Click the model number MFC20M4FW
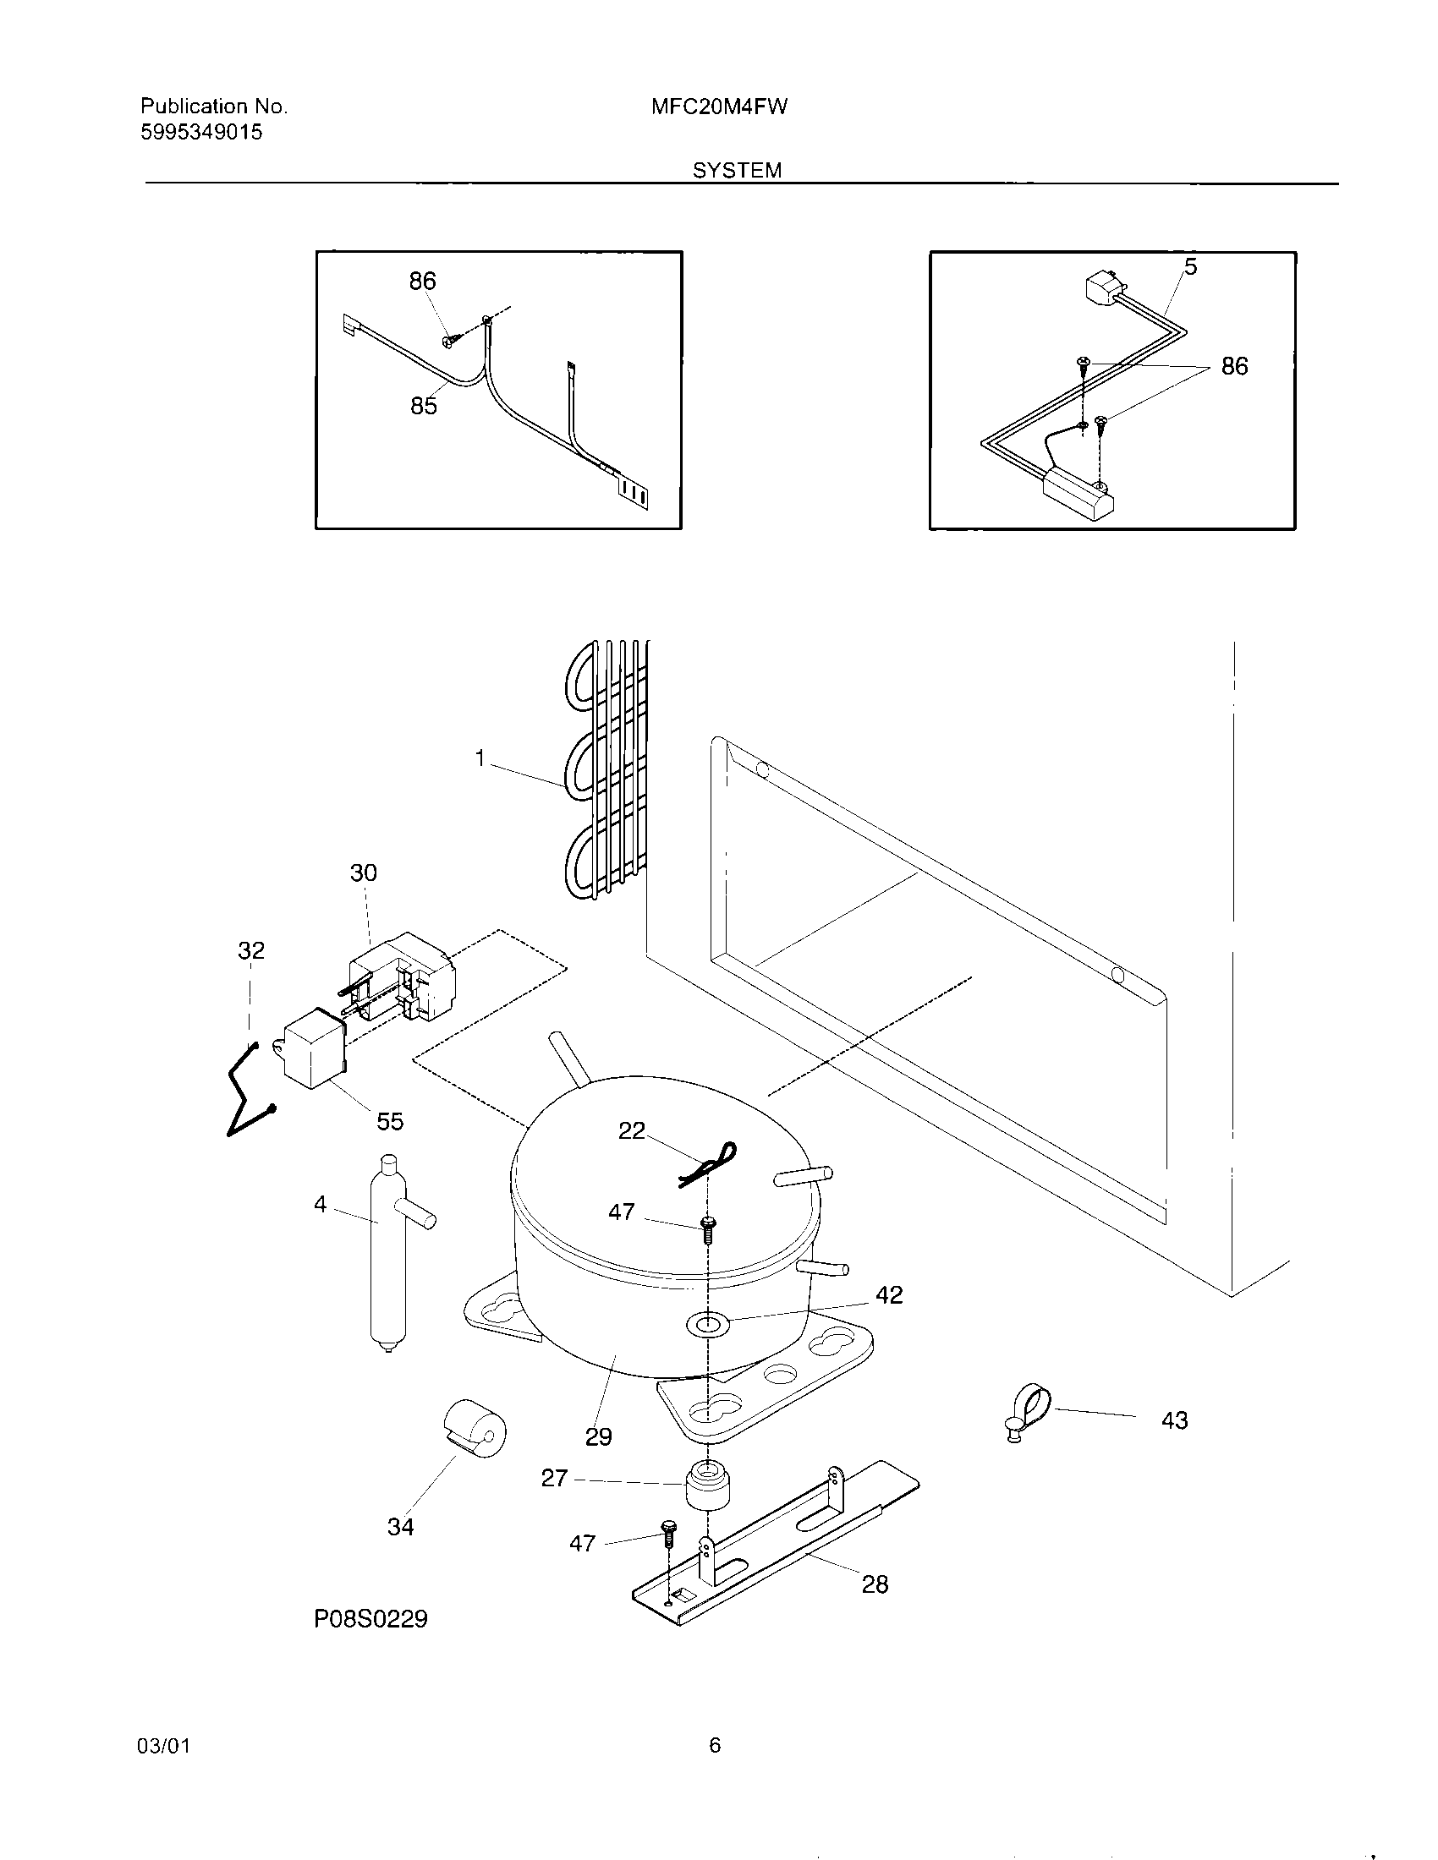point(719,107)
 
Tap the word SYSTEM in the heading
point(736,170)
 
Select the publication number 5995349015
point(201,132)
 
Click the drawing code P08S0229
point(370,1619)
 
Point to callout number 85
point(424,406)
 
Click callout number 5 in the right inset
point(1190,267)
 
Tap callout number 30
point(363,873)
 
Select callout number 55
point(390,1122)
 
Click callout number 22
point(631,1130)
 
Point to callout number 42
point(889,1294)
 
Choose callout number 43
point(1174,1420)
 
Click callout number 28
point(875,1584)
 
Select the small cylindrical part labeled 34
point(474,1429)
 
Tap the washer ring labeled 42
point(708,1322)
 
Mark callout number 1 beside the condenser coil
point(480,758)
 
